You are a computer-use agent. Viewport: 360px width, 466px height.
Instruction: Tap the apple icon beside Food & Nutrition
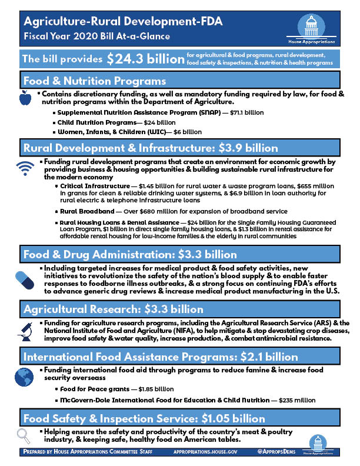[25, 99]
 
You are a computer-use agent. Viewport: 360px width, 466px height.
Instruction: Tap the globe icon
[24, 378]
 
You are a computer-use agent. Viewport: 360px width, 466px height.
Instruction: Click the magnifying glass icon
[24, 436]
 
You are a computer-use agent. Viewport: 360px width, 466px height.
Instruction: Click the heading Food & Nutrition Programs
[94, 81]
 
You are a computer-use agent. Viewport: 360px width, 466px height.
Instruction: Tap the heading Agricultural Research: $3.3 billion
[113, 309]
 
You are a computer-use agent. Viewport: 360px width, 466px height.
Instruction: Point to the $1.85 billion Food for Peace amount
[155, 389]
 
